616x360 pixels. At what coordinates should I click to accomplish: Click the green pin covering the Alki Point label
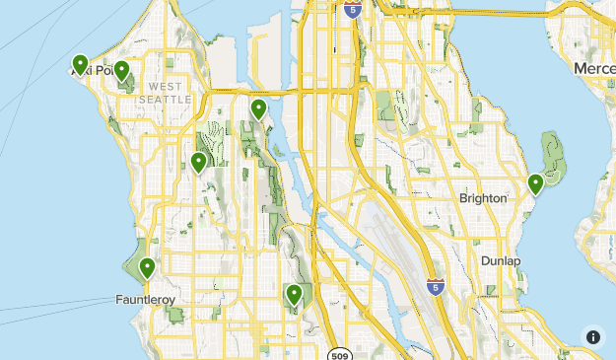80,65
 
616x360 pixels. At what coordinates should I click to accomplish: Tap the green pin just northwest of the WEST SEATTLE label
121,71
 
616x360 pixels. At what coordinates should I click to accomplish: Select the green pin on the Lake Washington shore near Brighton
535,183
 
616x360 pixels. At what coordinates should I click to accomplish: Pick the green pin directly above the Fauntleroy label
148,267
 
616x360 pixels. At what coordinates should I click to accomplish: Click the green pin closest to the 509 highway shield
294,294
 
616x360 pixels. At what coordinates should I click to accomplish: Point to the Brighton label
482,198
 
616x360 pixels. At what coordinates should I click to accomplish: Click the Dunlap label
501,260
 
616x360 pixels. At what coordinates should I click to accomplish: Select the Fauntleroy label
146,298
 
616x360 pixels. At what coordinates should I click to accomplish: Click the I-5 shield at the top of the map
353,10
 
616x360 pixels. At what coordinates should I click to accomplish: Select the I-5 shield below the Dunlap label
435,287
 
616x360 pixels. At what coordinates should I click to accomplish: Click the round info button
593,337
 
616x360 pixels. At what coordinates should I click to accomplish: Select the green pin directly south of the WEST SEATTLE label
198,163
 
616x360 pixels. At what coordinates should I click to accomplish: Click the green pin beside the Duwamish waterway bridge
258,109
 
